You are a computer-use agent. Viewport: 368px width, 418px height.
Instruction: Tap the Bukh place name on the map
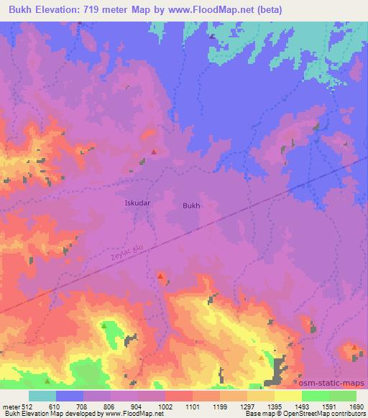pos(191,205)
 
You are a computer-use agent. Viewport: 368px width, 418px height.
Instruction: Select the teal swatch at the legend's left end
pos(42,396)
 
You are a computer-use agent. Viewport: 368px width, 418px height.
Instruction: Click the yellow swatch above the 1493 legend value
pos(287,396)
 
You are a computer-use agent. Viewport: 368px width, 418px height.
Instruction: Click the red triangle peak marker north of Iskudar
pos(154,151)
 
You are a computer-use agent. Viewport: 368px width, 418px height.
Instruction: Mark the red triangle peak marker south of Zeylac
pos(160,276)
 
